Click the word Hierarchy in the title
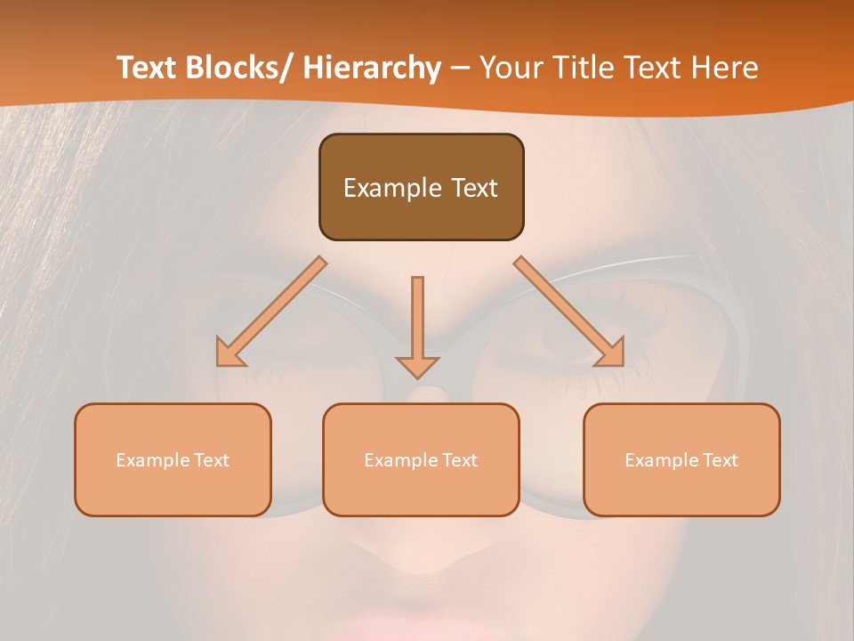(372, 69)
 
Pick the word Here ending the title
(726, 69)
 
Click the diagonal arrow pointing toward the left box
(271, 312)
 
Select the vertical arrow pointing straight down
(417, 325)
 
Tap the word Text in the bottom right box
(720, 460)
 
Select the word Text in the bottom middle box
(459, 460)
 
